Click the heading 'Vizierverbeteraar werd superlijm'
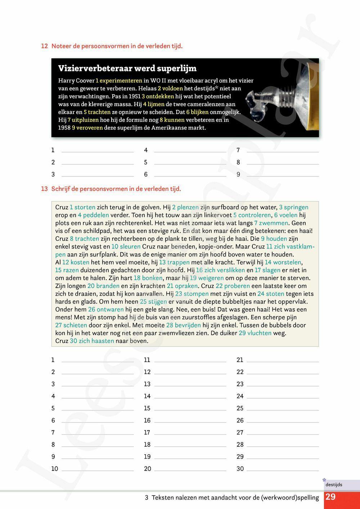click(127, 68)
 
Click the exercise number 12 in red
click(44, 46)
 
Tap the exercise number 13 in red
click(44, 189)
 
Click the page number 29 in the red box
click(330, 497)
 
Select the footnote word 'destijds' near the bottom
click(334, 485)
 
